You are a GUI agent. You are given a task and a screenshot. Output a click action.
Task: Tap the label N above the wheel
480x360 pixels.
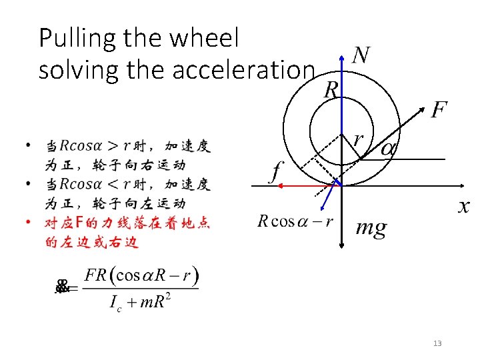point(361,56)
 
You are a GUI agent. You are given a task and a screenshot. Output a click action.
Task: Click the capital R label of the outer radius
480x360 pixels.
point(331,90)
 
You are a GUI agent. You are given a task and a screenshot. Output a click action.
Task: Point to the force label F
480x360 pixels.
point(438,110)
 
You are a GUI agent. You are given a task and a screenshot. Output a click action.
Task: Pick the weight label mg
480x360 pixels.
point(371,229)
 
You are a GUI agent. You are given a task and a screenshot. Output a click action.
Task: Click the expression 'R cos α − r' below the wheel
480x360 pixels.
point(295,221)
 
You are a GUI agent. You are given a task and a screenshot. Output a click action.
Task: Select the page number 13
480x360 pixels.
point(437,343)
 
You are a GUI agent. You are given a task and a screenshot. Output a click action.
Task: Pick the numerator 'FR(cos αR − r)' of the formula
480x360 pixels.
point(143,275)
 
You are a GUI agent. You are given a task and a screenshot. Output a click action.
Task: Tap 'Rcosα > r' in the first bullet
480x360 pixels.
point(95,146)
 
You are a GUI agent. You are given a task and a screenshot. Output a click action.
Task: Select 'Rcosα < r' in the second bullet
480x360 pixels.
point(95,185)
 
